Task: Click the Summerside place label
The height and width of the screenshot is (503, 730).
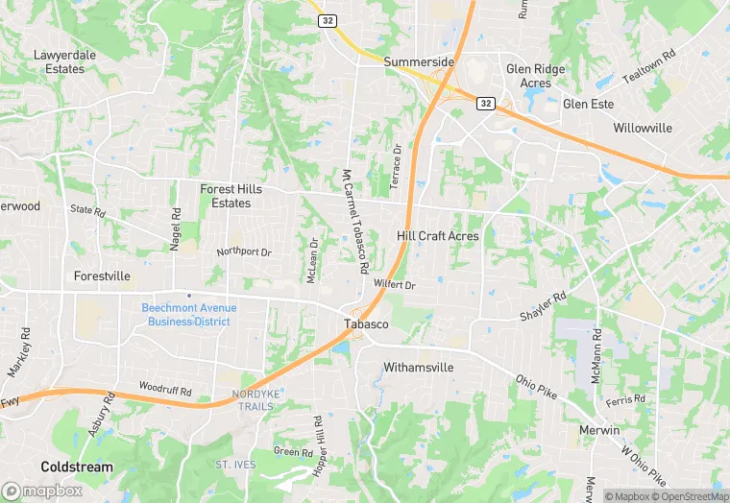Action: (x=419, y=62)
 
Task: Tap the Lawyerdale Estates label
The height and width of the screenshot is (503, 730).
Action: (x=65, y=62)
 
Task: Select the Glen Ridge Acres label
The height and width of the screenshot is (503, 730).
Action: (x=535, y=76)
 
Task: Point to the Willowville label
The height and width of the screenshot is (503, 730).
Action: (x=643, y=128)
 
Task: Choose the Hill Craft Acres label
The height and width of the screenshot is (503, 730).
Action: (x=437, y=236)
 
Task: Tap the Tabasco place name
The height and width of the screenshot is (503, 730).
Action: (x=366, y=324)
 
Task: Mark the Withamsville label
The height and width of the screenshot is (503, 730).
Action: (x=418, y=368)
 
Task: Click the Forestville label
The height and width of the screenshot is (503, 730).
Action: (x=102, y=275)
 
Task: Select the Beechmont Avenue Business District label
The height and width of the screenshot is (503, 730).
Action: (x=188, y=314)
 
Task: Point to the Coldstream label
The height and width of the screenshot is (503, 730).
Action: (x=76, y=467)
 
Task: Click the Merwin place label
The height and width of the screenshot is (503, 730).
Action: (x=599, y=430)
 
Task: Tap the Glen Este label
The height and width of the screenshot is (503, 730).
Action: (x=588, y=104)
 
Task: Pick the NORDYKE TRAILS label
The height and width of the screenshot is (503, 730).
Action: (x=253, y=400)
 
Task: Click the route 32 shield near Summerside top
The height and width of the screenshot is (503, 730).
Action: (x=329, y=19)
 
